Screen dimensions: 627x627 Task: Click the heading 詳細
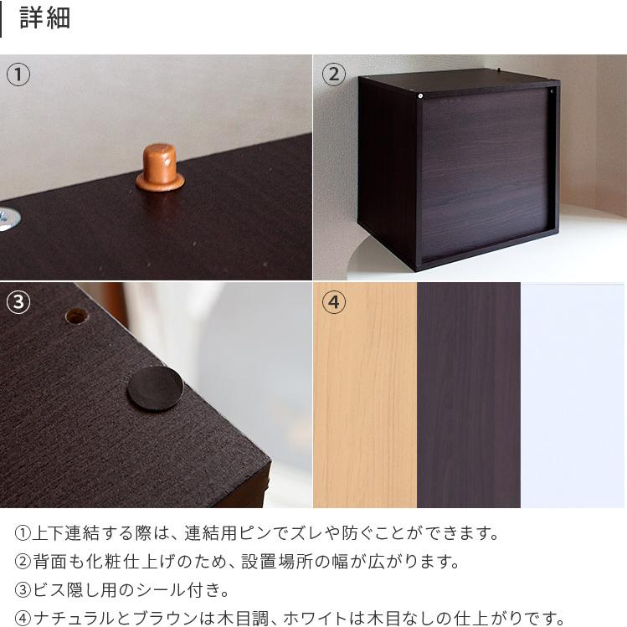pyautogui.click(x=44, y=18)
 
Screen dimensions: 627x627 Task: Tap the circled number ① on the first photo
pyautogui.click(x=18, y=75)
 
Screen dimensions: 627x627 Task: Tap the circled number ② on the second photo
pyautogui.click(x=333, y=75)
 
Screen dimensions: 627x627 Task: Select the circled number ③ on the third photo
pyautogui.click(x=18, y=302)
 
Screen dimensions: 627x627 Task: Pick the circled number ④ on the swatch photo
pyautogui.click(x=333, y=302)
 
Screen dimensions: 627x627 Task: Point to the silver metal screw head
pyautogui.click(x=7, y=218)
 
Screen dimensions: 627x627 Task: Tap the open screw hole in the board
pyautogui.click(x=76, y=316)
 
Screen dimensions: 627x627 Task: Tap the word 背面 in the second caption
pyautogui.click(x=51, y=562)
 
